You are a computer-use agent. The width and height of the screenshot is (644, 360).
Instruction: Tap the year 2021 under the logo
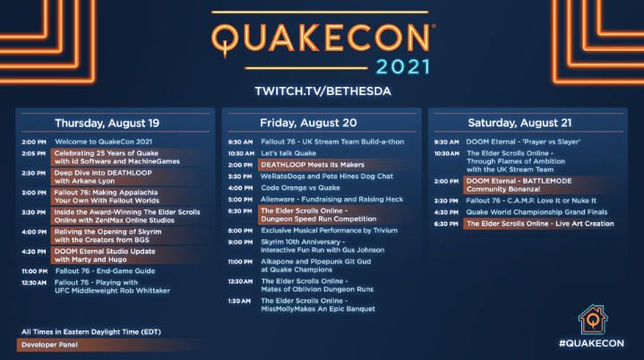pos(403,67)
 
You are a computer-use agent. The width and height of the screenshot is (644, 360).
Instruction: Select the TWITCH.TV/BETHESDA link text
pos(322,91)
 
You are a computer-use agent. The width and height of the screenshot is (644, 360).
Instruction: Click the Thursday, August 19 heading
pos(107,124)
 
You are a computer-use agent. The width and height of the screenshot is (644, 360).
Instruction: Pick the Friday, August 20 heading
pos(308,123)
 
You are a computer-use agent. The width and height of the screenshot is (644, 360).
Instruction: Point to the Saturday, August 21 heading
pos(519,123)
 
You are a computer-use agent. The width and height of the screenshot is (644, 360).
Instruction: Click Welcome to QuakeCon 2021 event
pos(104,141)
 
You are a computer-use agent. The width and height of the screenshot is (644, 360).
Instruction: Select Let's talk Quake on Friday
pos(288,153)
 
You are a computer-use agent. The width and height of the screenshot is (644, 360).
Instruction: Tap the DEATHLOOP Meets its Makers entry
pos(313,165)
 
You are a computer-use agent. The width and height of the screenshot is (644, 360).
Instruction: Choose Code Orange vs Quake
pos(301,187)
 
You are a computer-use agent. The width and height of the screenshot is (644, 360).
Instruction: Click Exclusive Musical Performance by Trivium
pos(330,230)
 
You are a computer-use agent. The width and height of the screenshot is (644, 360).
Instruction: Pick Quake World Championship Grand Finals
pos(537,212)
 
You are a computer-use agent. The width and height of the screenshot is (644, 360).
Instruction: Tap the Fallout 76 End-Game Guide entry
pos(105,271)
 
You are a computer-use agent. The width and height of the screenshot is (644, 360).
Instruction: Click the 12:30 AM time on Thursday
pos(34,283)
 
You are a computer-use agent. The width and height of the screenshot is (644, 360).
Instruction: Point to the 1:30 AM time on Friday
pos(239,301)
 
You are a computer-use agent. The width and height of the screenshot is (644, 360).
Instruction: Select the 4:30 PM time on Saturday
pos(446,212)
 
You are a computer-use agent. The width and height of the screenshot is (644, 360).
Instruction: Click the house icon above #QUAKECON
pos(593,320)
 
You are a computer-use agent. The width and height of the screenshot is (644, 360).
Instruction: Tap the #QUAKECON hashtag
pos(591,343)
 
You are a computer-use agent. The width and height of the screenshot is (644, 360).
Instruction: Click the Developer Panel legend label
pos(49,345)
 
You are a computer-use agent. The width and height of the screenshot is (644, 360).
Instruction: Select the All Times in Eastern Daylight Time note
pos(91,331)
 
